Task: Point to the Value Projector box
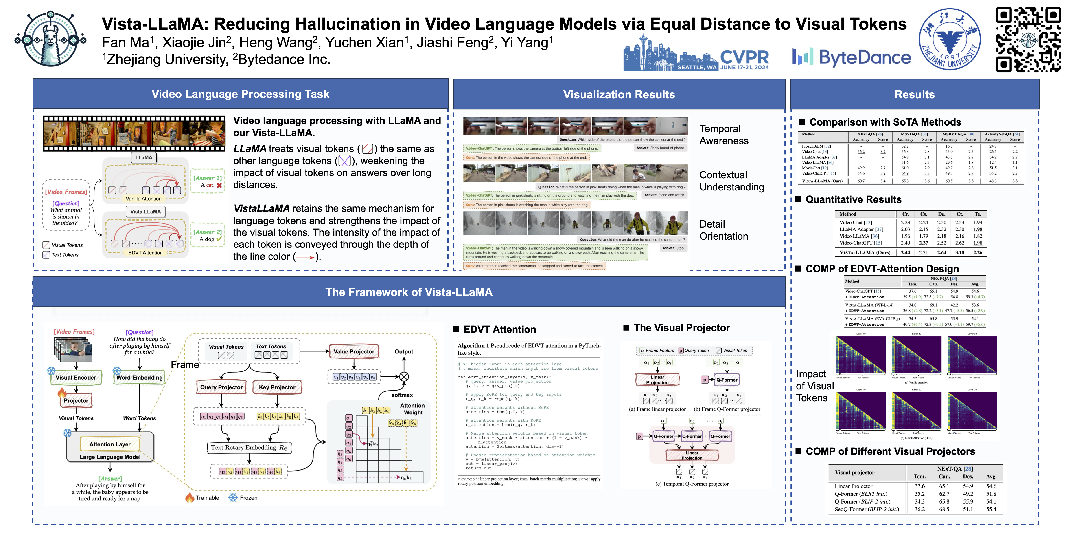click(x=354, y=351)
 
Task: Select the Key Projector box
click(x=277, y=387)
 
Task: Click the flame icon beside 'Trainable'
click(x=190, y=498)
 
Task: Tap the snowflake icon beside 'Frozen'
click(x=233, y=498)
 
